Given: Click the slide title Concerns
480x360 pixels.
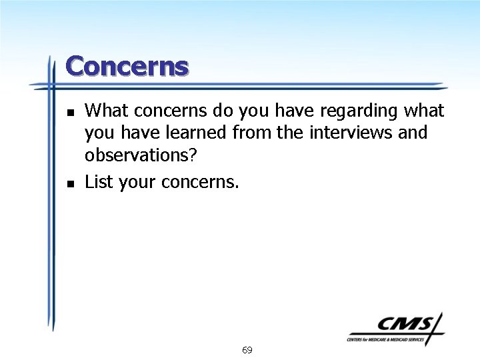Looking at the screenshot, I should [x=127, y=67].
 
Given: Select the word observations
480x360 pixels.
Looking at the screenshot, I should [x=141, y=155].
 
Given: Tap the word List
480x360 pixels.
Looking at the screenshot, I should [x=99, y=181].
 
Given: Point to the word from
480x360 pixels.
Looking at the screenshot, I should [x=252, y=133].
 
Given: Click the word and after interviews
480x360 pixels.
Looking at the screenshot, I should [x=413, y=133].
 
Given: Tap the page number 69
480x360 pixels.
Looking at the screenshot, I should [x=247, y=350].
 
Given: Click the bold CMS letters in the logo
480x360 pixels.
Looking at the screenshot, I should [x=406, y=325].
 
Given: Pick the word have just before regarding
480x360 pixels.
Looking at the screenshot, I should [x=293, y=110].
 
